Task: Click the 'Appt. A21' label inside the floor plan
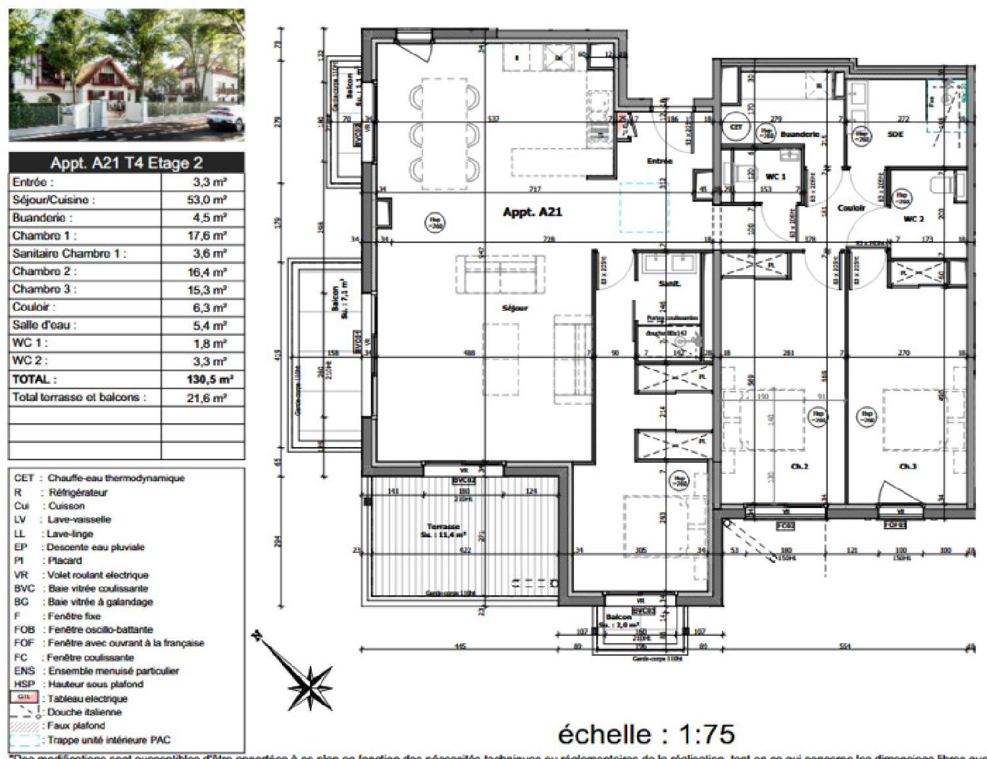[532, 212]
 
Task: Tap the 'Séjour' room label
[515, 307]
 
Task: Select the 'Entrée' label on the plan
[659, 161]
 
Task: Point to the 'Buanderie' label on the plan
[799, 134]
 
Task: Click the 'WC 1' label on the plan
[775, 176]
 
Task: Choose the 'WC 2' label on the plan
[914, 218]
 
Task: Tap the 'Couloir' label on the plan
[851, 207]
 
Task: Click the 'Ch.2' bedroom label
[799, 466]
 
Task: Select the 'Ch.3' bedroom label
[907, 466]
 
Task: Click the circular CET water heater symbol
[736, 128]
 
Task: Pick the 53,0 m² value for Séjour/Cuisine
[205, 200]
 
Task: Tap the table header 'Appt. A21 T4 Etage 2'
[126, 163]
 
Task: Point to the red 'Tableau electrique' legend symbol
[25, 698]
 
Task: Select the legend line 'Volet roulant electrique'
[97, 575]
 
